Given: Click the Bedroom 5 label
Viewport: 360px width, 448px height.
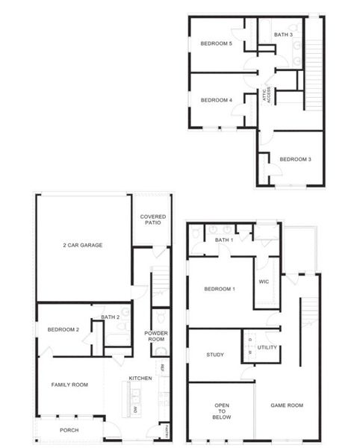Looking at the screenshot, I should click(x=217, y=43).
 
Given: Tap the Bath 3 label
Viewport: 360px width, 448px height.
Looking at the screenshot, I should click(x=283, y=34).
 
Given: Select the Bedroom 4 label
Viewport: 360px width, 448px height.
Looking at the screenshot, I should click(x=217, y=100).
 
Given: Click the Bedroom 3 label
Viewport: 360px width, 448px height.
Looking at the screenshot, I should click(x=295, y=159).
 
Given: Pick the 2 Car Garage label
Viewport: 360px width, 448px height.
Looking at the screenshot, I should click(x=82, y=245).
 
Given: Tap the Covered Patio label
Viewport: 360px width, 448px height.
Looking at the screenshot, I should click(x=152, y=220).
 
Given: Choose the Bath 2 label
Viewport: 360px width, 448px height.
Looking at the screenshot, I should click(x=111, y=317).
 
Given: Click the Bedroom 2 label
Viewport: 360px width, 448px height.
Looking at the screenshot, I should click(x=63, y=330).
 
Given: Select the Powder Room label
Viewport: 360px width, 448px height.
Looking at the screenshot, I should click(x=157, y=336).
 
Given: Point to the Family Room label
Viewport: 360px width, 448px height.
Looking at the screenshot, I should click(x=69, y=385).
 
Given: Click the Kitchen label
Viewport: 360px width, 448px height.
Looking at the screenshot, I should click(x=140, y=378).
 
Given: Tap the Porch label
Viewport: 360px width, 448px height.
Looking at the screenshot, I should click(x=69, y=429).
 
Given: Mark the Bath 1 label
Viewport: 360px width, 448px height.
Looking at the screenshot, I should click(x=224, y=240).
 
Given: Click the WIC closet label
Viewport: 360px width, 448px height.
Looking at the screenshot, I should click(x=263, y=281).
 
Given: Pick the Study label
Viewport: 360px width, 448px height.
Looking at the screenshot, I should click(x=215, y=355).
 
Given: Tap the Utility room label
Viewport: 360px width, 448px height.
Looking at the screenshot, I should click(x=267, y=347).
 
